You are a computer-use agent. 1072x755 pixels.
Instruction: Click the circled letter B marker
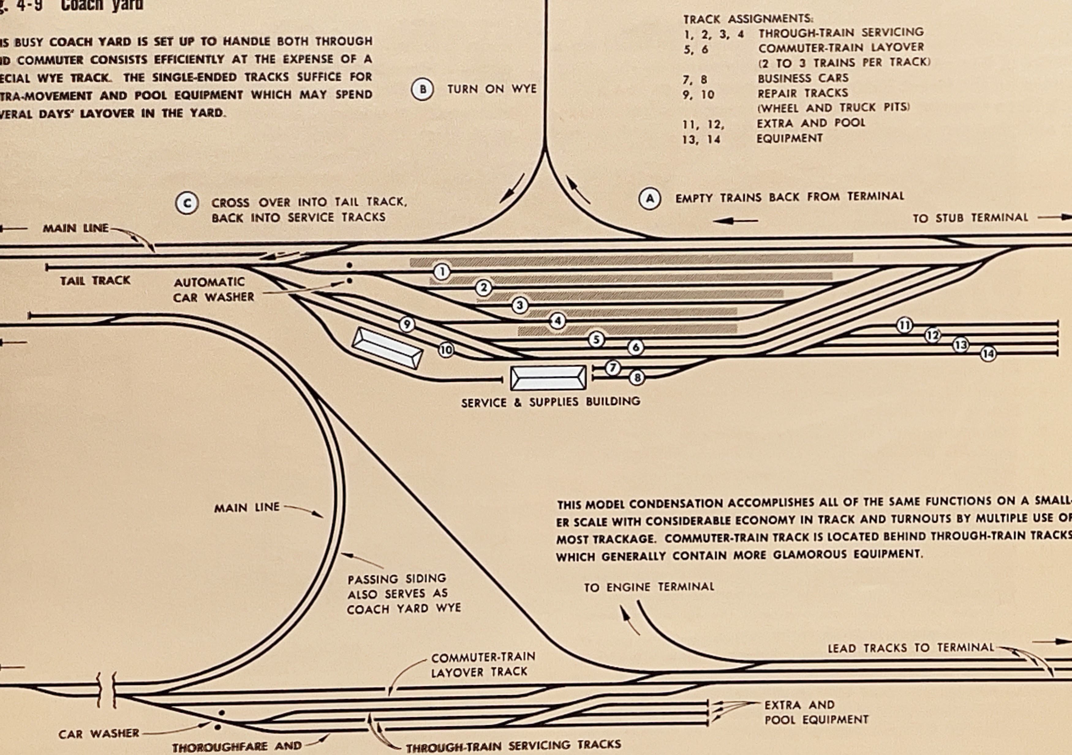point(423,89)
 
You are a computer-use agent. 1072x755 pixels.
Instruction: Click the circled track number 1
point(442,272)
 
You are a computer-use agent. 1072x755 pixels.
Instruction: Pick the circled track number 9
point(407,324)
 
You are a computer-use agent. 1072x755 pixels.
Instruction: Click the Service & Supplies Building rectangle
point(548,378)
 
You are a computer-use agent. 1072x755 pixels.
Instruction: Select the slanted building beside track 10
point(387,348)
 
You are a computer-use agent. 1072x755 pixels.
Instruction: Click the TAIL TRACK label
point(95,281)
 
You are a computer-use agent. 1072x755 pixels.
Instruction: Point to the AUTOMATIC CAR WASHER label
point(213,289)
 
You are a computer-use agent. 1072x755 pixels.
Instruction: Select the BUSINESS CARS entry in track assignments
point(802,78)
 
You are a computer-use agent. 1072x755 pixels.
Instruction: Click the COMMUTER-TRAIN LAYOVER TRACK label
point(483,664)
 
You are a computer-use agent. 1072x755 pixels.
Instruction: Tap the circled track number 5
point(596,339)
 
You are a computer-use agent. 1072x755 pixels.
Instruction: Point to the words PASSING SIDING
point(396,579)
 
